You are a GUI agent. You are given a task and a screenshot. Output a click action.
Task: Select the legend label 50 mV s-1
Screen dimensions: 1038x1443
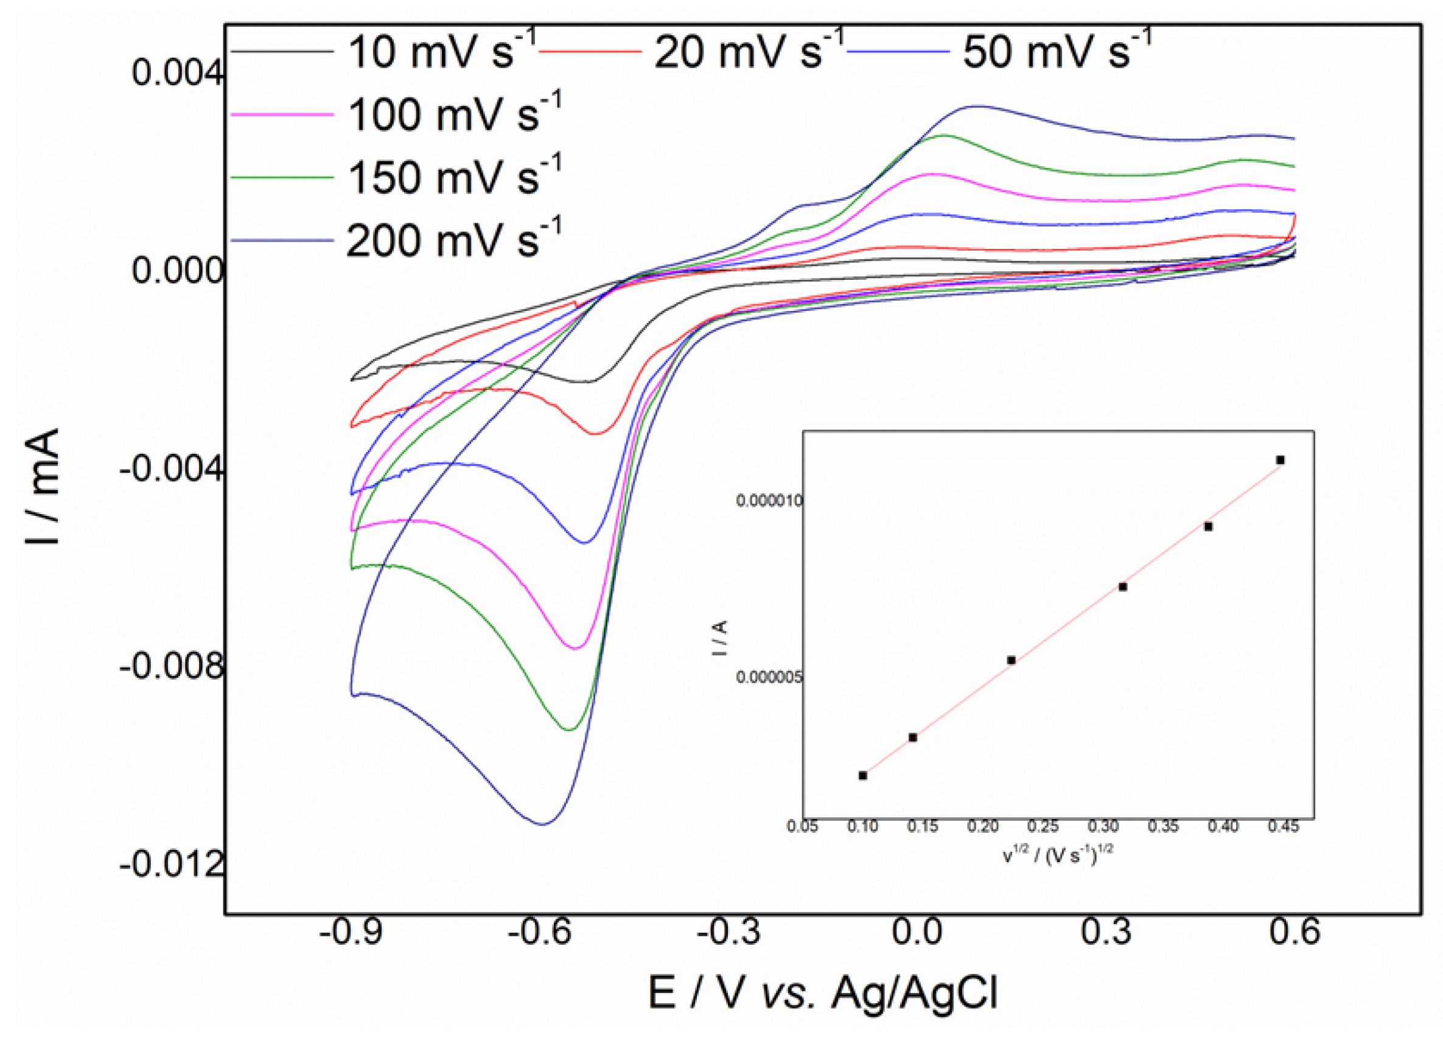[1056, 51]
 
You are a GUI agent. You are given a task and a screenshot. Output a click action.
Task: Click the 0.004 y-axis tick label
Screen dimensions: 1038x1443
[178, 73]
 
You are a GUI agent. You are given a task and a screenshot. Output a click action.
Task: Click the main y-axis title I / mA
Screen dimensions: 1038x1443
[43, 486]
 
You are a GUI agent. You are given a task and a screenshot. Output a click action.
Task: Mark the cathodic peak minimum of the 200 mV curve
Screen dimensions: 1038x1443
[543, 824]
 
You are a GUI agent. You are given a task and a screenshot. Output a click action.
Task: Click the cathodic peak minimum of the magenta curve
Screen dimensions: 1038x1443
[576, 649]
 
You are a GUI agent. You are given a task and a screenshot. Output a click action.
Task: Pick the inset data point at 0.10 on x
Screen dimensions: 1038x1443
[863, 775]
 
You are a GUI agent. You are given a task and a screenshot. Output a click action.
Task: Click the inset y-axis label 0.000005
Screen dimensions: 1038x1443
[769, 678]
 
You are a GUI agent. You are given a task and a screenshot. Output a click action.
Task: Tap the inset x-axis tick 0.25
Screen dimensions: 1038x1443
[1043, 827]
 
